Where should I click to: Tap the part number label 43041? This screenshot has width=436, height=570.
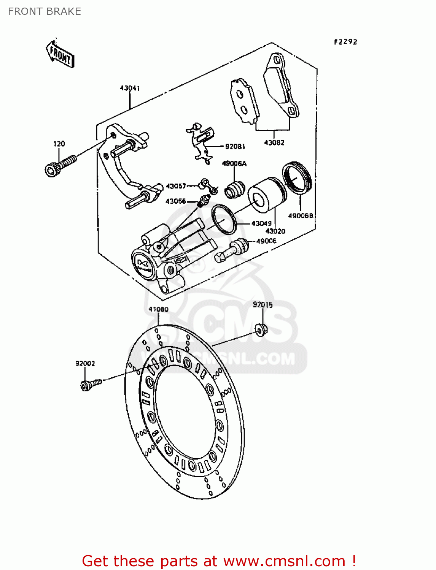[130, 88]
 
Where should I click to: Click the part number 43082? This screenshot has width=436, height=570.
[274, 142]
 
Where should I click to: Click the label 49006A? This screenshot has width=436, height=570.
[234, 163]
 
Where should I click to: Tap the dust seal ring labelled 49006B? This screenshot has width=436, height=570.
[297, 178]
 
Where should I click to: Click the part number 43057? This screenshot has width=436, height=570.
[176, 186]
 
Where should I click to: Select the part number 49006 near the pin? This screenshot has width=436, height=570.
[266, 241]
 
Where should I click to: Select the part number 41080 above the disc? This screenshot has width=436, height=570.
[158, 309]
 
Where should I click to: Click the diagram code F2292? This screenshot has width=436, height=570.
[345, 42]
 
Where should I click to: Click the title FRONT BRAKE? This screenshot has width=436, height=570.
[45, 11]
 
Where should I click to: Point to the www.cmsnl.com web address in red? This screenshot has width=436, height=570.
[284, 561]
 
